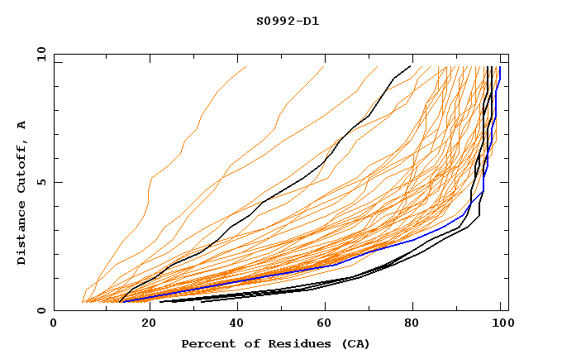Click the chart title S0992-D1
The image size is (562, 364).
click(x=287, y=21)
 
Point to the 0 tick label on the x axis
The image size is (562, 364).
click(x=54, y=324)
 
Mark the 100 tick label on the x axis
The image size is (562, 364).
click(x=501, y=324)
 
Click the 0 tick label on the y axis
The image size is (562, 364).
click(x=40, y=311)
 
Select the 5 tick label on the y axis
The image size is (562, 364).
click(x=40, y=182)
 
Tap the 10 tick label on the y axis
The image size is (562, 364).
click(x=39, y=54)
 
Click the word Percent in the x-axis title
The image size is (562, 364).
click(x=204, y=343)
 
